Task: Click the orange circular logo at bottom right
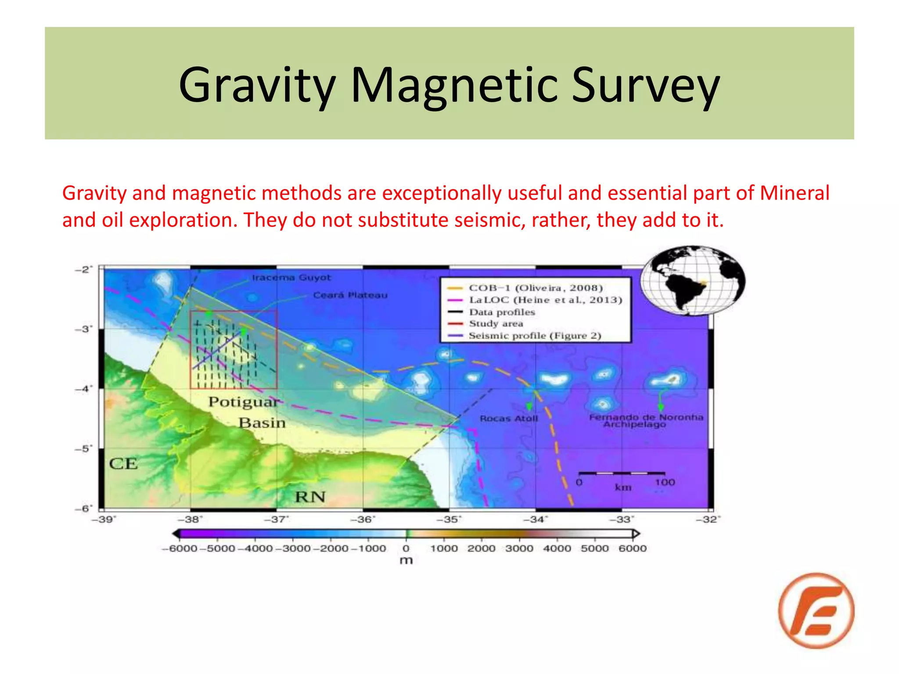pyautogui.click(x=816, y=610)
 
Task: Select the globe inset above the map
pyautogui.click(x=693, y=280)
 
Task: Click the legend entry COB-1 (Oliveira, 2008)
pyautogui.click(x=536, y=288)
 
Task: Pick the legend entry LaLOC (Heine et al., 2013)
pyautogui.click(x=545, y=300)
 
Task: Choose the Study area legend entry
pyautogui.click(x=496, y=324)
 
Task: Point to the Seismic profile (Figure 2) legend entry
pyautogui.click(x=535, y=336)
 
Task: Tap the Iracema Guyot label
pyautogui.click(x=291, y=278)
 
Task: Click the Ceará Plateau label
pyautogui.click(x=350, y=295)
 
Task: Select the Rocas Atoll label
pyautogui.click(x=509, y=419)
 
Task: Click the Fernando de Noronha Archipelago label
pyautogui.click(x=645, y=420)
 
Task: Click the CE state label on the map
pyautogui.click(x=123, y=464)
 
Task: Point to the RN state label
pyautogui.click(x=310, y=497)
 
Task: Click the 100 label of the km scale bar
pyautogui.click(x=665, y=483)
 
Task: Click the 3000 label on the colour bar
pyautogui.click(x=519, y=549)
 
